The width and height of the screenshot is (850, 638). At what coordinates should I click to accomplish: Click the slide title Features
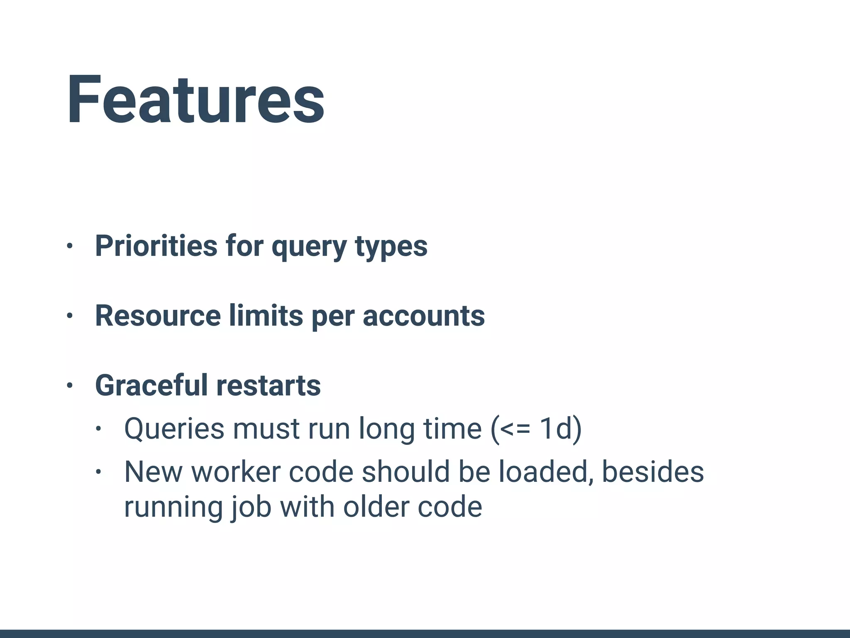[x=195, y=100]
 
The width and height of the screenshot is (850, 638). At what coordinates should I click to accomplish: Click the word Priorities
[x=156, y=246]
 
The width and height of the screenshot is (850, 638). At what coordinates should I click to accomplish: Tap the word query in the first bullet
[x=309, y=248]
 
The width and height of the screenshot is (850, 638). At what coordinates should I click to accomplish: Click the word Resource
[x=158, y=316]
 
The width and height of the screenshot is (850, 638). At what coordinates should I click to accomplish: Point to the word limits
[x=266, y=316]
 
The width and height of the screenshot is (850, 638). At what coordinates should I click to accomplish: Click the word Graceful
[x=151, y=385]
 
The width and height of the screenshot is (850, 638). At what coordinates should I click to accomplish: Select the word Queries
[x=174, y=429]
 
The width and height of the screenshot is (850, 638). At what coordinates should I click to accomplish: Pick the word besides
[x=652, y=472]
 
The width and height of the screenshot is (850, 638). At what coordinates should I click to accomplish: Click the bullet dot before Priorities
[x=70, y=246]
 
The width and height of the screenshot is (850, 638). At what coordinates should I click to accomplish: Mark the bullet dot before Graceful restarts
[x=70, y=385]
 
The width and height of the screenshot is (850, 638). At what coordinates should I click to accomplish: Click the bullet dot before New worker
[x=98, y=472]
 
